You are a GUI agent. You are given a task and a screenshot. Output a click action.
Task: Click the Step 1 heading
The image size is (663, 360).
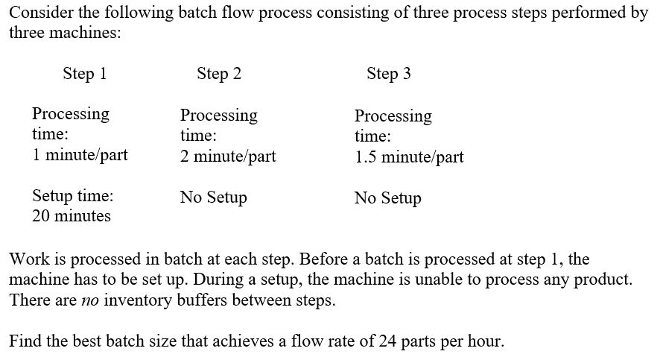click(84, 73)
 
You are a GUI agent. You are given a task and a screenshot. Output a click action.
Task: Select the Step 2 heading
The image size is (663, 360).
click(219, 73)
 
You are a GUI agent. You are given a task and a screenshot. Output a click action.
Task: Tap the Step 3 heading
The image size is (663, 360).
click(388, 73)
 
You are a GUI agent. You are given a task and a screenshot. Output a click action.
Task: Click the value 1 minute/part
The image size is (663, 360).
click(80, 155)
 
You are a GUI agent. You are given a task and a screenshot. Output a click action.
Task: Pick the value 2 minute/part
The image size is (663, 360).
click(228, 156)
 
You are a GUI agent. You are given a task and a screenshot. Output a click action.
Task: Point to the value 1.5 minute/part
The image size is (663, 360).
click(409, 157)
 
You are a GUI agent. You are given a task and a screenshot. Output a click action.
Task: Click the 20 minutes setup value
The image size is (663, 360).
click(72, 216)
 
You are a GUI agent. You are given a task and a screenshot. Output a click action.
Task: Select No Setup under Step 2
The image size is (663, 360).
click(213, 198)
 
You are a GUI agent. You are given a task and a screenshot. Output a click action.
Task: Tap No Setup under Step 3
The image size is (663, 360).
click(387, 198)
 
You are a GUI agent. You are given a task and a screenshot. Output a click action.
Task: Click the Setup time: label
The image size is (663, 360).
click(73, 196)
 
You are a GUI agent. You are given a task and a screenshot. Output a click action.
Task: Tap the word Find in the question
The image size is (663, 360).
click(25, 341)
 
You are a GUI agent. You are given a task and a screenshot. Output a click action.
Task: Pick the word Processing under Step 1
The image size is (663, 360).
click(70, 114)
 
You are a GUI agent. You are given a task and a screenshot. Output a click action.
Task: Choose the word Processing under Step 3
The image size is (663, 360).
click(393, 116)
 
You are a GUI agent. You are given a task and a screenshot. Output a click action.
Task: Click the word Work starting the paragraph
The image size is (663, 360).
click(27, 259)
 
